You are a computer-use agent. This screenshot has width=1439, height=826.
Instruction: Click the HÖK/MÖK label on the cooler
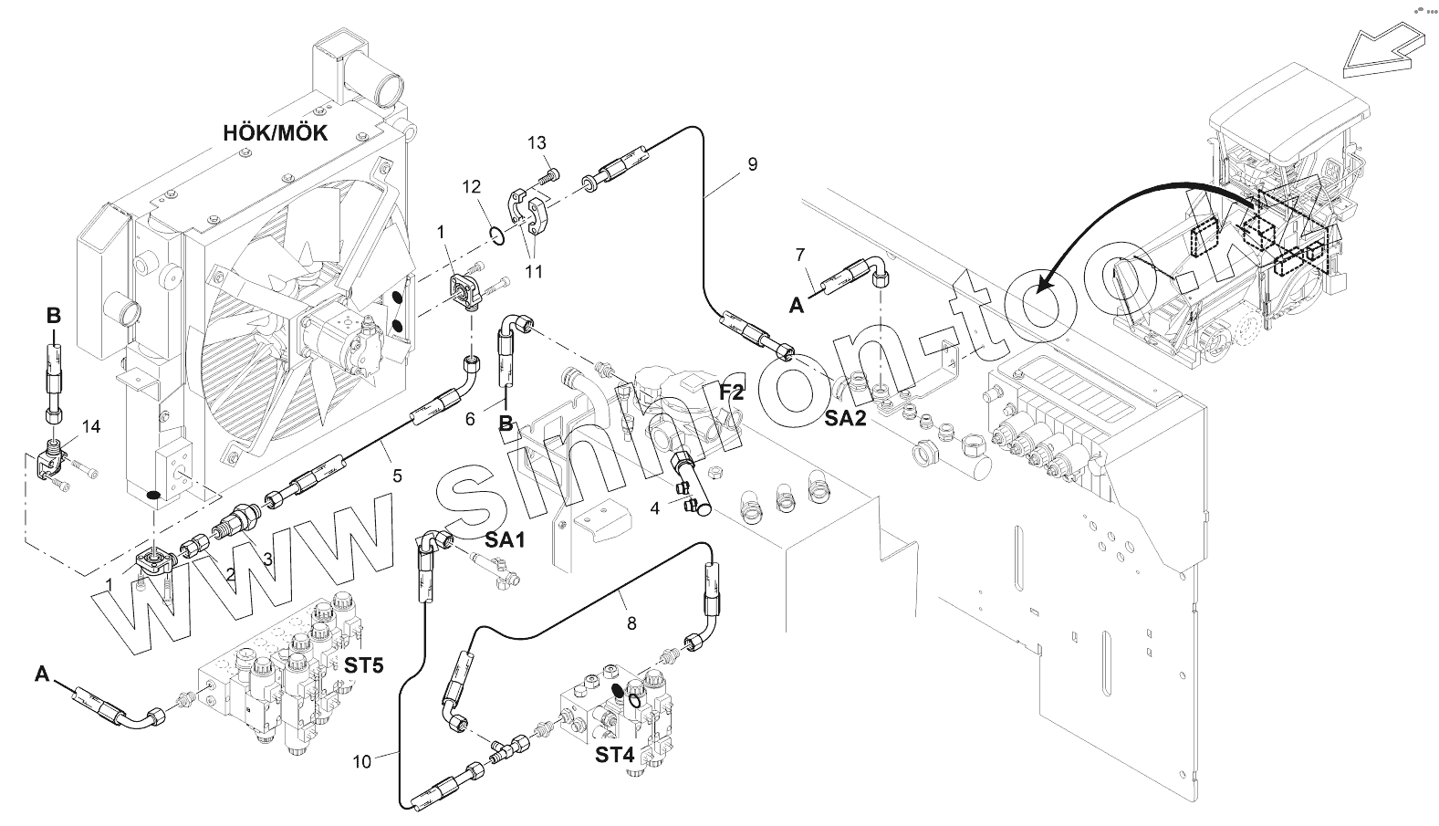(276, 133)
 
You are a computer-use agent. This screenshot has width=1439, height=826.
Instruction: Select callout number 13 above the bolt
(537, 142)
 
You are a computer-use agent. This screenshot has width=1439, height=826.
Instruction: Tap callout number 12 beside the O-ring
(471, 187)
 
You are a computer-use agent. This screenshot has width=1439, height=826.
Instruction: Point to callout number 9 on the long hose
(752, 164)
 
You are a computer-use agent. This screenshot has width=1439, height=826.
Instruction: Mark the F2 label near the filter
(732, 392)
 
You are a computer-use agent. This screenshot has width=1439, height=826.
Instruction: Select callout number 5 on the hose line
(397, 476)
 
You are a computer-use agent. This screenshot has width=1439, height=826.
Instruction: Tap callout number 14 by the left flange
(90, 426)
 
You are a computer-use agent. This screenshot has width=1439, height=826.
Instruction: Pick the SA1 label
(505, 540)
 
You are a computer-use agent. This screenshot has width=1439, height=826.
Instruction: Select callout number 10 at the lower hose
(362, 760)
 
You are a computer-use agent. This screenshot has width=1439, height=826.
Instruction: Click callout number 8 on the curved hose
(631, 624)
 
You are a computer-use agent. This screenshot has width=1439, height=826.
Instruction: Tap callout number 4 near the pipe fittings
(654, 507)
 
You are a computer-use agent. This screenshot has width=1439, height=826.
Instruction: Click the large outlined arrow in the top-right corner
(1382, 52)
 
